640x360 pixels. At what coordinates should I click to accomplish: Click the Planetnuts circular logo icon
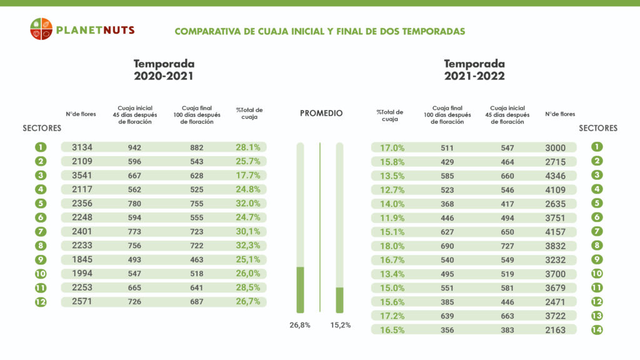(x=41, y=29)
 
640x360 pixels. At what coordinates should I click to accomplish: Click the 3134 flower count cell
(x=82, y=147)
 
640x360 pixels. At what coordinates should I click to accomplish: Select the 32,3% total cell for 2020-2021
(x=248, y=246)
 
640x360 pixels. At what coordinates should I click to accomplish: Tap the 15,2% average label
(x=340, y=325)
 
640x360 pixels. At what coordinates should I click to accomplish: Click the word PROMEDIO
(x=321, y=113)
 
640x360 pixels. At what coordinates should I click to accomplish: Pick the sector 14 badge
(x=597, y=330)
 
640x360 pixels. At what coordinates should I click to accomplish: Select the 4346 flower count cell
(x=555, y=176)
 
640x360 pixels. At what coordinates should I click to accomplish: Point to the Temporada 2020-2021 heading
(x=164, y=70)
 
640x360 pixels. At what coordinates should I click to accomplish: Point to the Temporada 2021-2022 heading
(x=474, y=70)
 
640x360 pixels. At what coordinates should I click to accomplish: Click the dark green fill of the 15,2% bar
(x=340, y=299)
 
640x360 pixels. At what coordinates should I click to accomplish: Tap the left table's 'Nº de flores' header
(x=82, y=114)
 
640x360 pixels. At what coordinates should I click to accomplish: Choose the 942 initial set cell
(x=134, y=147)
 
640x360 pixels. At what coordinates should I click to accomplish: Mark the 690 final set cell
(x=447, y=246)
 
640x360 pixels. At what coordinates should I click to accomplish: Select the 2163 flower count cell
(x=555, y=330)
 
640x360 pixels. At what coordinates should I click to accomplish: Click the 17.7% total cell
(x=248, y=176)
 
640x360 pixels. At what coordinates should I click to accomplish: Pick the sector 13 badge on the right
(x=597, y=316)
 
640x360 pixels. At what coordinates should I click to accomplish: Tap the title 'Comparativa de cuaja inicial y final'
(x=319, y=31)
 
